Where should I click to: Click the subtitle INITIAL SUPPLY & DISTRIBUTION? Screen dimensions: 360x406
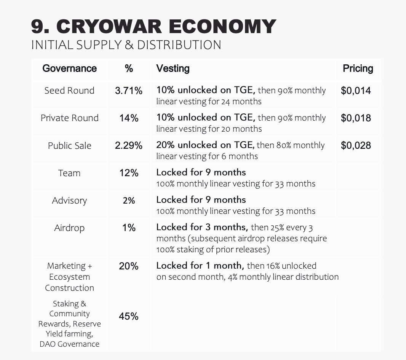126,45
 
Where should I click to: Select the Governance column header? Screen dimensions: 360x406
69,68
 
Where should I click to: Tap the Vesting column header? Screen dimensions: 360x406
173,68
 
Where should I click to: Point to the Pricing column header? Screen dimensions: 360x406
358,68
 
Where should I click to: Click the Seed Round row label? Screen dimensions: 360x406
69,91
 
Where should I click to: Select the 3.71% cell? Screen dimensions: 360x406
129,91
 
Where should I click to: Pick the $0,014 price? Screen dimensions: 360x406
356,91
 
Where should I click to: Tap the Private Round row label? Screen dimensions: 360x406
69,118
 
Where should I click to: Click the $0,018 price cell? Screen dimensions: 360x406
356,118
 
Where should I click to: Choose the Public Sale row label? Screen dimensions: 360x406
69,146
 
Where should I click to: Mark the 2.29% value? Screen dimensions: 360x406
129,146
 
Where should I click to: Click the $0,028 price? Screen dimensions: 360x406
356,146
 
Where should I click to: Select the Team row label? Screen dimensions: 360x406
69,173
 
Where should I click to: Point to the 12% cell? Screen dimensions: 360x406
129,173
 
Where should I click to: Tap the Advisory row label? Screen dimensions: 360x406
69,201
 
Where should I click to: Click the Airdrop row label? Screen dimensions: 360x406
69,228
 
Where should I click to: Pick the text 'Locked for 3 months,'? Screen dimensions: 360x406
202,228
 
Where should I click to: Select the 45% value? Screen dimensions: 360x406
129,317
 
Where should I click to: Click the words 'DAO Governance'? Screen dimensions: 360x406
69,344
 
